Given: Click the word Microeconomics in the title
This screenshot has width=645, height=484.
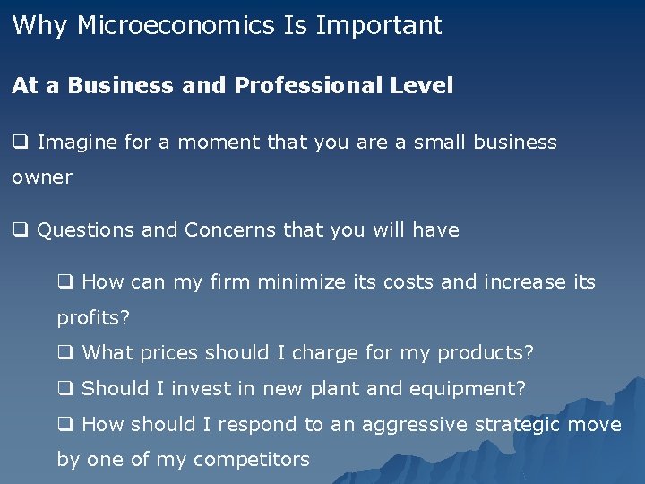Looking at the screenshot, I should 176,25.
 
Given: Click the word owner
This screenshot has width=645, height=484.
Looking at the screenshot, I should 42,177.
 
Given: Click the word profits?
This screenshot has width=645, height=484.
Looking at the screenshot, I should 92,318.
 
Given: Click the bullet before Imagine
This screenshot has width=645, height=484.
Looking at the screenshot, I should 20,142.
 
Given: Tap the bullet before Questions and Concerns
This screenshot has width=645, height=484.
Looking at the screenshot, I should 20,230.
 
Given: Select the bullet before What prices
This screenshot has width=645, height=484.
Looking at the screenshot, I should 64,353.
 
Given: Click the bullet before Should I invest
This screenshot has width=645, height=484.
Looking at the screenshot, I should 64,389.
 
